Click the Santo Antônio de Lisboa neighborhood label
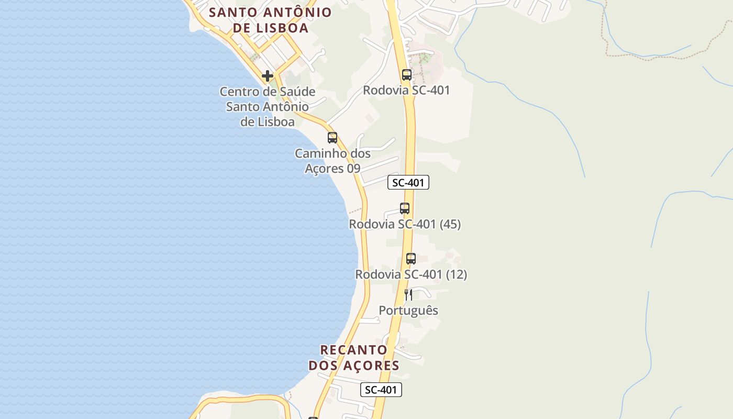pos(270,20)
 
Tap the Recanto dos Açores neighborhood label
pos(354,358)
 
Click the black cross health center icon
pos(268,76)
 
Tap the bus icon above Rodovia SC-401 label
pos(407,75)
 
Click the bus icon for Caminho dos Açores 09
pos(332,138)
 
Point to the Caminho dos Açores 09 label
pos(332,161)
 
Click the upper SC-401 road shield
pos(408,182)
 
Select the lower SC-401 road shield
pos(381,390)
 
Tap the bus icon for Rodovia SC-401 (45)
pos(405,208)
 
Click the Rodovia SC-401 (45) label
pos(405,224)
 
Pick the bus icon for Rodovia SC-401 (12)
pos(411,259)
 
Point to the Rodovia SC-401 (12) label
pos(411,274)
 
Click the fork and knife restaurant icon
pos(408,295)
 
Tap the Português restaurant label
pos(408,311)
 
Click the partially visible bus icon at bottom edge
pos(313,417)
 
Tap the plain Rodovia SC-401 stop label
pos(407,90)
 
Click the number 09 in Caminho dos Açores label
pos(353,169)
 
